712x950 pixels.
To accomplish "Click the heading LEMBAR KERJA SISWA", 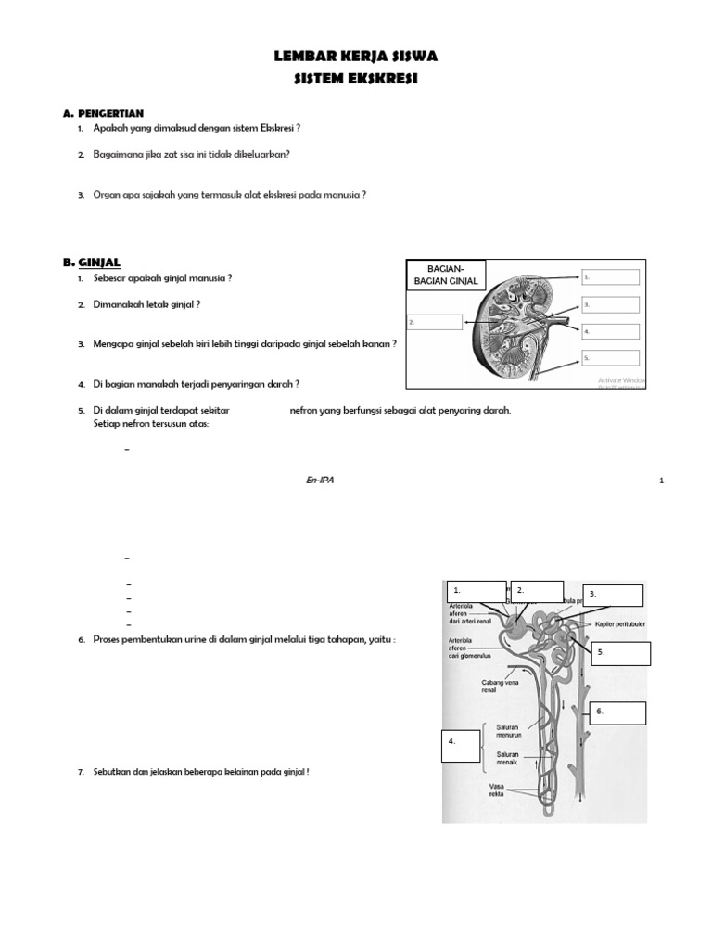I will coord(356,57).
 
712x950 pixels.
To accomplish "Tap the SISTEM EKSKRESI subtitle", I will coord(356,80).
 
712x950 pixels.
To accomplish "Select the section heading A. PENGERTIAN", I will coord(103,113).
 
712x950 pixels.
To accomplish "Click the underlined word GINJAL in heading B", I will coord(99,263).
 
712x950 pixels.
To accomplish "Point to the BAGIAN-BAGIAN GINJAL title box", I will coord(446,275).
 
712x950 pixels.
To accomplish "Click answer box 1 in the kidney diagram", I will coord(610,276).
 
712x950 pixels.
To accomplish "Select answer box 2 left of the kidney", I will coord(435,322).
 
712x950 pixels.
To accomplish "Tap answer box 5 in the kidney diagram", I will coord(610,358).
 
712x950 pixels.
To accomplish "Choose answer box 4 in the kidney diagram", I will coord(610,331).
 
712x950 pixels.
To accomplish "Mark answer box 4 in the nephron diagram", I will coord(461,745).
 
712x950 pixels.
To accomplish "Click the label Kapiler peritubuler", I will coord(620,624).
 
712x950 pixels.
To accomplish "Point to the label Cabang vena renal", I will coord(499,687).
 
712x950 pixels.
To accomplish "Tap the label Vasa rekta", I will coord(497,791).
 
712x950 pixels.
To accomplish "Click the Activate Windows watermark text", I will coord(621,380).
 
